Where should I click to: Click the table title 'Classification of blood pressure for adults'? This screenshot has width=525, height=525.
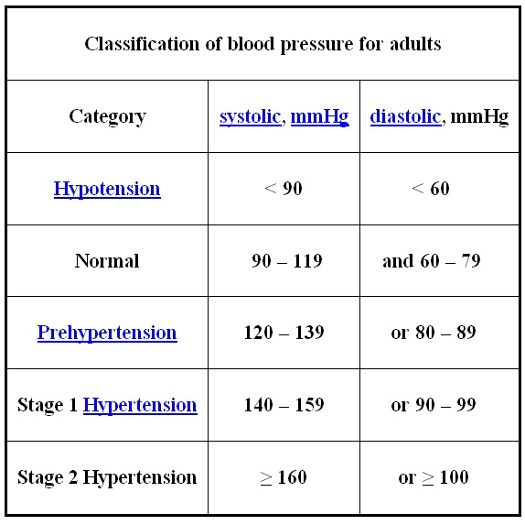262,44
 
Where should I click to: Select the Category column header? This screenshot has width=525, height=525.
108,116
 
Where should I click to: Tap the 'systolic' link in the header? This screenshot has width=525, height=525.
250,116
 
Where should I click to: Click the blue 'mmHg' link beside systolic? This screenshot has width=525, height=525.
320,116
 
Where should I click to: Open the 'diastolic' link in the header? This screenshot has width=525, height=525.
406,116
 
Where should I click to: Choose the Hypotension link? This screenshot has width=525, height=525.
107,189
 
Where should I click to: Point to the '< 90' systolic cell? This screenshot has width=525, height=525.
284,188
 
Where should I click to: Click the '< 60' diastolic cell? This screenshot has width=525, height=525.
431,188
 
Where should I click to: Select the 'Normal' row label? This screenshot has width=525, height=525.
107,260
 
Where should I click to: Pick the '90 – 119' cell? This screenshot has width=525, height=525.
287,260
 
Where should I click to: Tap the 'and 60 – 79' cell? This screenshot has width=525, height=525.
432,260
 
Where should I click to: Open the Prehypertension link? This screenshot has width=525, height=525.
107,334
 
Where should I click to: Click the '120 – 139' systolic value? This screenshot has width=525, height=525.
284,333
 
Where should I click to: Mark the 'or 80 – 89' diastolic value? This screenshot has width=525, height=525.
434,333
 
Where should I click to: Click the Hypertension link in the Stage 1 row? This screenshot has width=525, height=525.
140,405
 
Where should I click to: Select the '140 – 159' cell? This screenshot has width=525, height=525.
284,405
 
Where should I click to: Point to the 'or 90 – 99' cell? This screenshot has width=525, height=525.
434,405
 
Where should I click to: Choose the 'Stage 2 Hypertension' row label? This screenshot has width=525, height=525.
107,477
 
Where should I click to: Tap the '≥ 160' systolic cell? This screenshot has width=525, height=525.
284,477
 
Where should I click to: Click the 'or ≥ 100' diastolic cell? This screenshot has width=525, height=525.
434,477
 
